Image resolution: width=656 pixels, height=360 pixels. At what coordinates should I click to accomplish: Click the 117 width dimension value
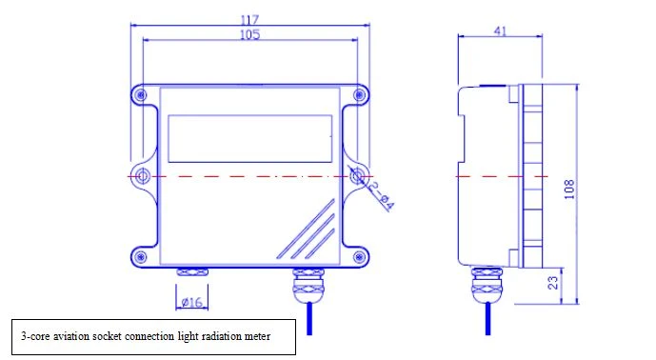(x=249, y=20)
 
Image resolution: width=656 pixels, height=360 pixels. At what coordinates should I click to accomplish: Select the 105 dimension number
(x=249, y=34)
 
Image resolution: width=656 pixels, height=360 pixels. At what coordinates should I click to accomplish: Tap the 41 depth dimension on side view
(x=500, y=31)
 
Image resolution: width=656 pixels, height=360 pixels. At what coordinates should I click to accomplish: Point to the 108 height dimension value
(x=569, y=190)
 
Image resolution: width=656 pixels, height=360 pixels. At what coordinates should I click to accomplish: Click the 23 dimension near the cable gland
(x=553, y=283)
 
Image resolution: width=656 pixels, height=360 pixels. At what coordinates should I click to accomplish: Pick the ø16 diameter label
(x=192, y=302)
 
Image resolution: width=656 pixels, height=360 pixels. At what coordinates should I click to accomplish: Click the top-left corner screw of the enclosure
(x=141, y=95)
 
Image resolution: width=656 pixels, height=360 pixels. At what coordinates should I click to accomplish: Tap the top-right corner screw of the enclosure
(x=359, y=95)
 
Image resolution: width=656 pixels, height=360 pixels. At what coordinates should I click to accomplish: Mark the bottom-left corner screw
(x=141, y=256)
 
